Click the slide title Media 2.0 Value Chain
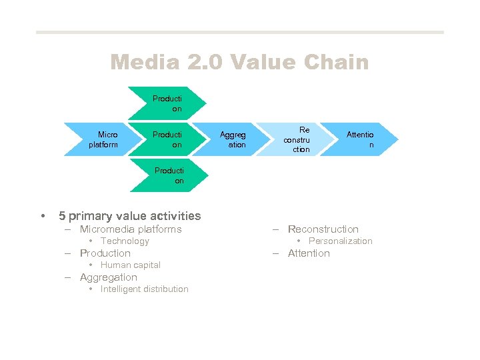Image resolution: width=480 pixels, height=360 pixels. (239, 63)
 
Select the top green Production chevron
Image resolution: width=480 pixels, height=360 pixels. (167, 103)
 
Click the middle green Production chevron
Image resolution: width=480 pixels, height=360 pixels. (167, 139)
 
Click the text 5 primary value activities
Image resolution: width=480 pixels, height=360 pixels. (129, 216)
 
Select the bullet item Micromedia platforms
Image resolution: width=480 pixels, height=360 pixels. (130, 229)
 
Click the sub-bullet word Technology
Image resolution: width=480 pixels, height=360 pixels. (125, 241)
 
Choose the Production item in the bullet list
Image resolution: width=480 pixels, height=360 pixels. (105, 253)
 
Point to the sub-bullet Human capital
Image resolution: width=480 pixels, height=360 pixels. (130, 265)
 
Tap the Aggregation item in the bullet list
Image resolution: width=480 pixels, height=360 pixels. (108, 277)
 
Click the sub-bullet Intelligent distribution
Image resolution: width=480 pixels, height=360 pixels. (144, 289)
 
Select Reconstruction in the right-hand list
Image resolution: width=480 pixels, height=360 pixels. (323, 229)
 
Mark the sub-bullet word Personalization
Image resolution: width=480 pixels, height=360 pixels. (340, 241)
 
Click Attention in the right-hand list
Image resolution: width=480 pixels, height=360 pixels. (309, 253)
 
